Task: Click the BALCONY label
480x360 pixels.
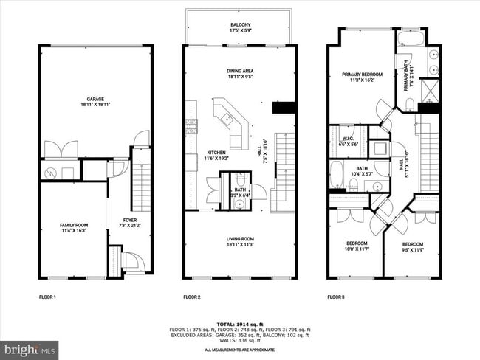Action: coord(240,24)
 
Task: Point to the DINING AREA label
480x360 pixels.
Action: coord(240,71)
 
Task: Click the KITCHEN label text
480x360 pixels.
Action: coord(216,153)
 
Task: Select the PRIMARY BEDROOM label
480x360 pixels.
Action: coord(362,75)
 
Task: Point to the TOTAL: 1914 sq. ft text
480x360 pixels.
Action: coord(239,324)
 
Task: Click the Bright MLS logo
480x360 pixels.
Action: coord(30,347)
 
